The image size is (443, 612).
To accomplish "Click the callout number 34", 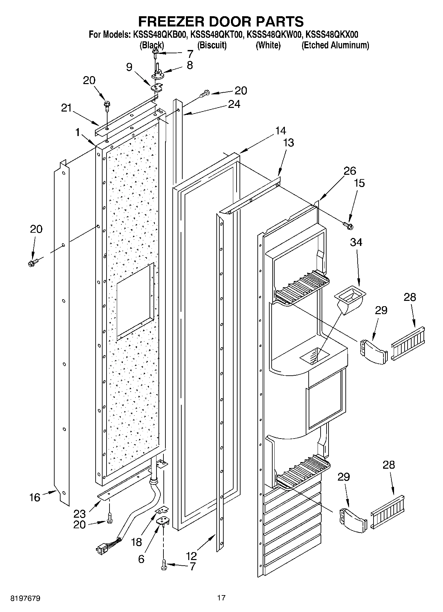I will point(356,243).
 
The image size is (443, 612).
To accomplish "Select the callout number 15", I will point(359,183).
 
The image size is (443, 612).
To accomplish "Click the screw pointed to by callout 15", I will point(348,225).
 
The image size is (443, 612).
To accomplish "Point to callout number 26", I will point(349,171).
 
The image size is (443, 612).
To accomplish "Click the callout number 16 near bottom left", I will point(35,497).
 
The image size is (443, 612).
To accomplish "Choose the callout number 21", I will point(66,108).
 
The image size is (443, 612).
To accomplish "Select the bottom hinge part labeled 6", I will point(163,521).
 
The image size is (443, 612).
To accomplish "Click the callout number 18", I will point(136,542).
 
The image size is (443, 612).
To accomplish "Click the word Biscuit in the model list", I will point(212,45).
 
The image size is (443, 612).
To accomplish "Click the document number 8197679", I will point(25,598).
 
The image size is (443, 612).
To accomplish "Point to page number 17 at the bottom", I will point(221,598).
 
